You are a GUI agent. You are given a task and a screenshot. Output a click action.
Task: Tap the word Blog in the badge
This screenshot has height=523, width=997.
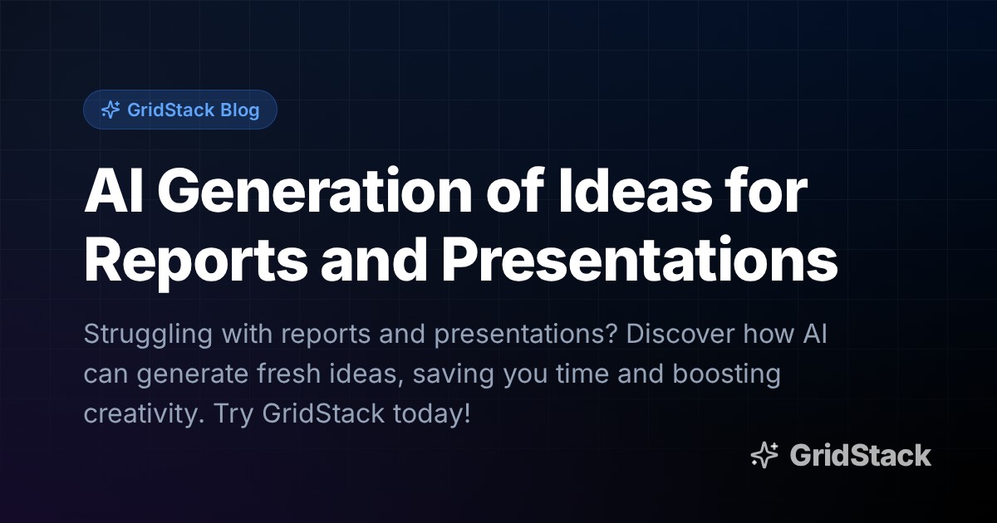coord(239,110)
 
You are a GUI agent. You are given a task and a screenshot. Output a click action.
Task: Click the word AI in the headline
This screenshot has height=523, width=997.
coord(112,194)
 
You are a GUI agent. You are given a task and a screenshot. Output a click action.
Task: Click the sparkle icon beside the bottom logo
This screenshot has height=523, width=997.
coord(764,456)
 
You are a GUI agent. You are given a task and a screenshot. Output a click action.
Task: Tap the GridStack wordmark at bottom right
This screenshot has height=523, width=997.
coord(860,456)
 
